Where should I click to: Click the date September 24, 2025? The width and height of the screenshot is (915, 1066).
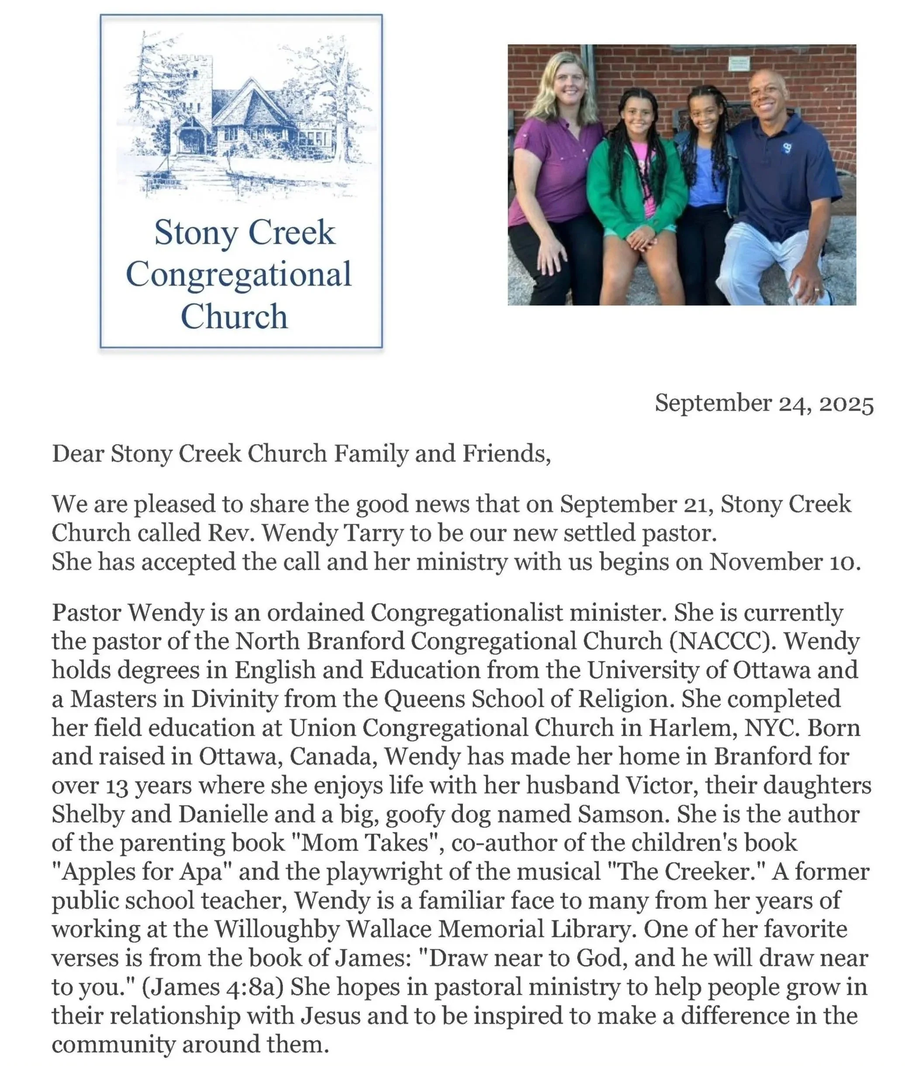tap(764, 404)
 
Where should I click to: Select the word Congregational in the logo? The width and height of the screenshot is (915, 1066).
tap(238, 274)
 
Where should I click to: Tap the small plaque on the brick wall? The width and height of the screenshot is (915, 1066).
tap(739, 64)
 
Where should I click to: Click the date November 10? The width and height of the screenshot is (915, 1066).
tap(784, 562)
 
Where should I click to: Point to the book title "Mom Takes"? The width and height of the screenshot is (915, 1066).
tap(366, 843)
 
